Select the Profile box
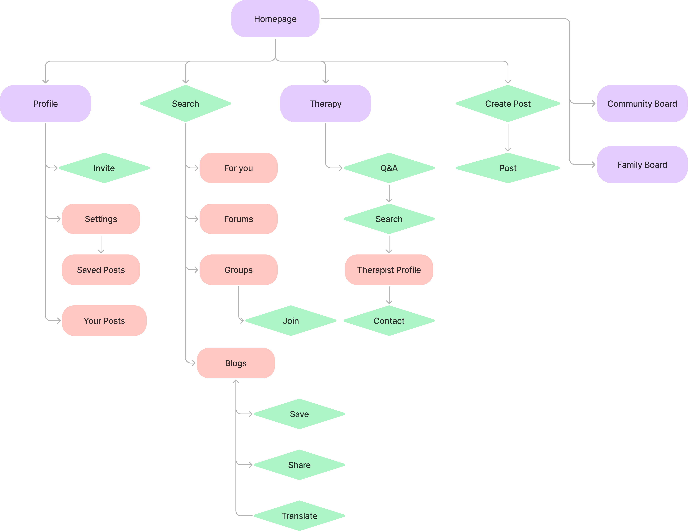45,103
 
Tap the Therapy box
325,103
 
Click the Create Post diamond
508,103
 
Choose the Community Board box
642,103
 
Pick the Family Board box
642,165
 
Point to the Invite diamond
104,168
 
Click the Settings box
101,219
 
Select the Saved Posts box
101,270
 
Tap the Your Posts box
104,321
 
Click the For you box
238,168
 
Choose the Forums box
238,219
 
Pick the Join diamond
291,321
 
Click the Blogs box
236,363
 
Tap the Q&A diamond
389,168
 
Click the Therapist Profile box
389,270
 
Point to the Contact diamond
389,321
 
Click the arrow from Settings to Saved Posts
101,244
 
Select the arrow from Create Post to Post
508,137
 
